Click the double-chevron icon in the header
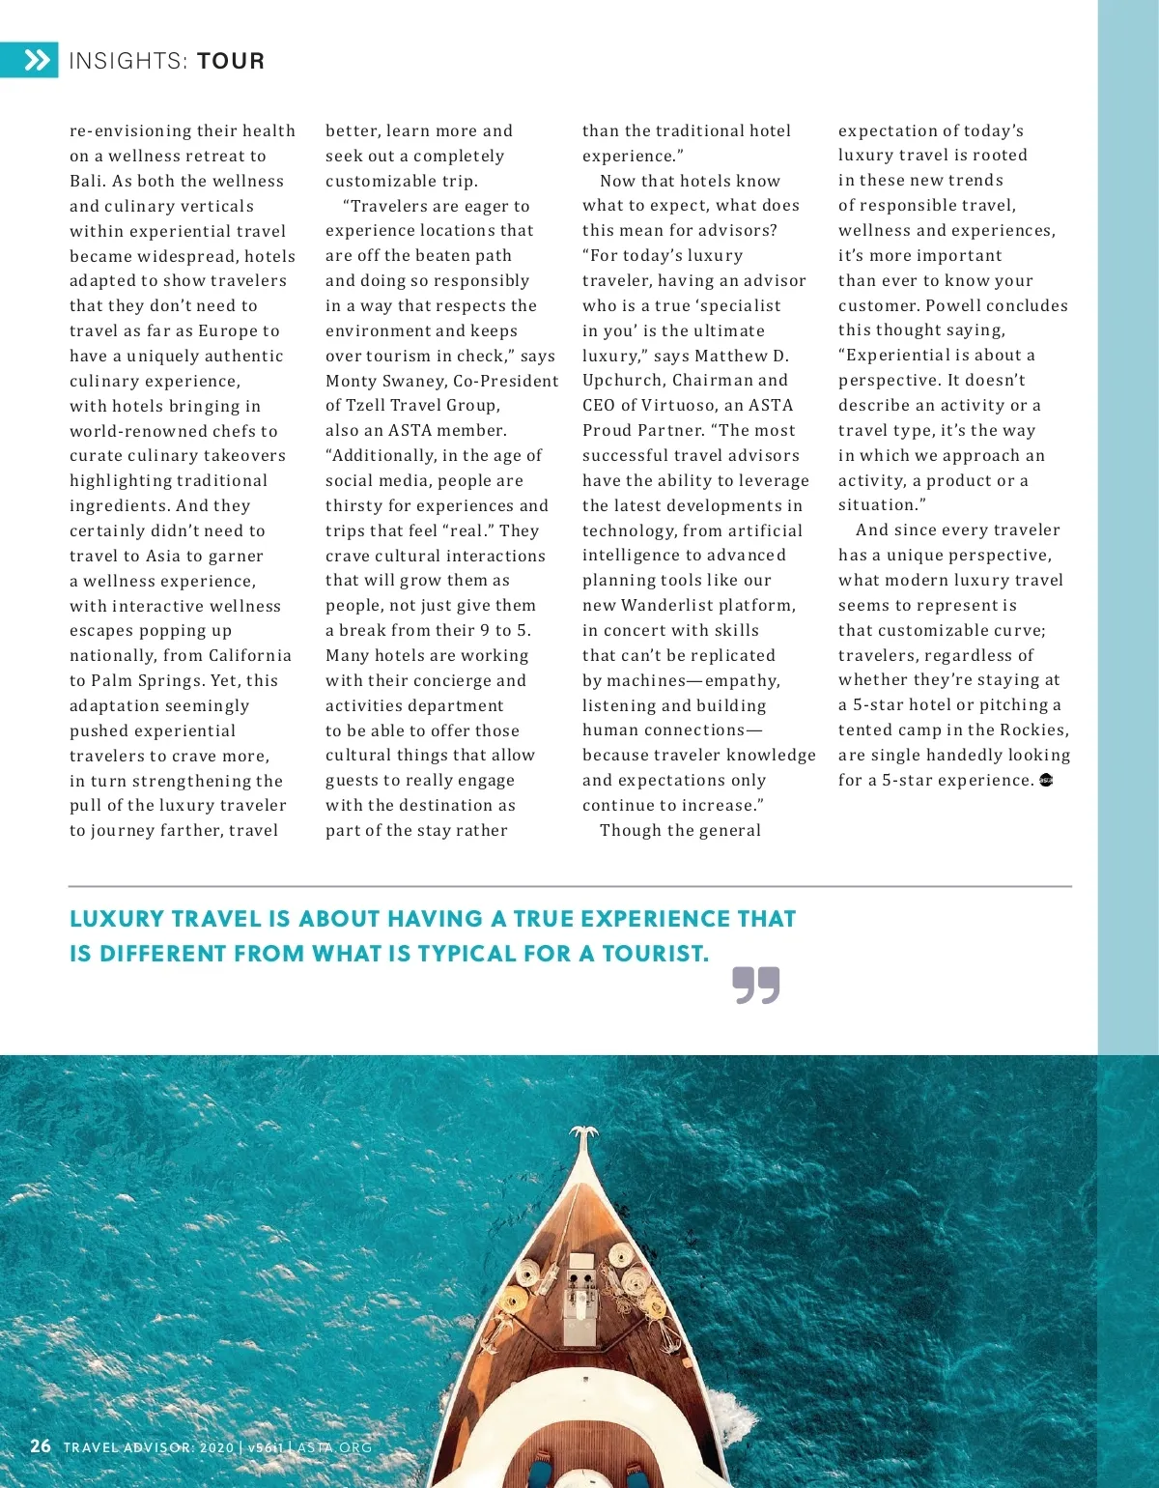pyautogui.click(x=36, y=61)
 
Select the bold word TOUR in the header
pyautogui.click(x=230, y=62)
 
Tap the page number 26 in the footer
pyautogui.click(x=40, y=1446)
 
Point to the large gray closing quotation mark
pyautogui.click(x=755, y=985)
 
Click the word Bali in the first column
pyautogui.click(x=87, y=181)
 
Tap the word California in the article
pyautogui.click(x=249, y=655)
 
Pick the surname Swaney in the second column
pyautogui.click(x=413, y=381)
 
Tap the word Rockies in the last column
pyautogui.click(x=1033, y=730)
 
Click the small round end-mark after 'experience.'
pyautogui.click(x=1045, y=780)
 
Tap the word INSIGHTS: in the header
pyautogui.click(x=128, y=62)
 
